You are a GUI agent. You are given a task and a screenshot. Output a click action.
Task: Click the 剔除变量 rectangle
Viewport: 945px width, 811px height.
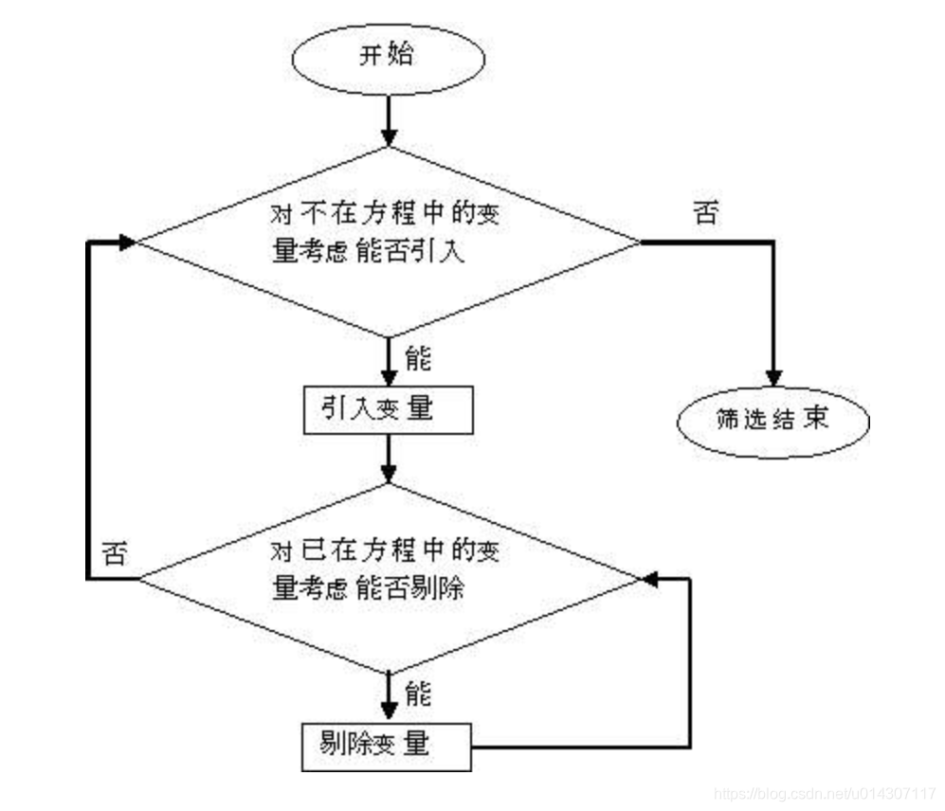386,746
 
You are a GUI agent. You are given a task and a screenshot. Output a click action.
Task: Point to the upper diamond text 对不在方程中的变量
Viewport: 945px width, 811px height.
385,215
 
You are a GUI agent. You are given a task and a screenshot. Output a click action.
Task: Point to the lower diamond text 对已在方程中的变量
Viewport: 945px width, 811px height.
385,551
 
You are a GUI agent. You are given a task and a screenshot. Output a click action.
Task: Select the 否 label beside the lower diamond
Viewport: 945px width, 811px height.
114,553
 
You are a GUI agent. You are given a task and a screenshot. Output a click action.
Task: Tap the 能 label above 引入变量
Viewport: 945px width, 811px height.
417,359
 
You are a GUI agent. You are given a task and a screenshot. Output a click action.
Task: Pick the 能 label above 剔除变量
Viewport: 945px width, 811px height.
417,694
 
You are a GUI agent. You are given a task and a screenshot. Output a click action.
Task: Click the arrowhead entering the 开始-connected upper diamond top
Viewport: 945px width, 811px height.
388,136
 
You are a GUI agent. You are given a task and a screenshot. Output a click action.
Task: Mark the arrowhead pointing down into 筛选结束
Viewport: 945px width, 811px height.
774,374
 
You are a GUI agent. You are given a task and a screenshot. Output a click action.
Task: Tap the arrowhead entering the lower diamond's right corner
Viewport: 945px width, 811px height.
645,578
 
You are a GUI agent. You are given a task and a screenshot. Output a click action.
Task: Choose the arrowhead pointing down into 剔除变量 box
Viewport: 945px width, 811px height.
388,712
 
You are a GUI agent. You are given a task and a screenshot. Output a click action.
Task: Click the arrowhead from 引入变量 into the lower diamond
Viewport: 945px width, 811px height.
388,474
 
